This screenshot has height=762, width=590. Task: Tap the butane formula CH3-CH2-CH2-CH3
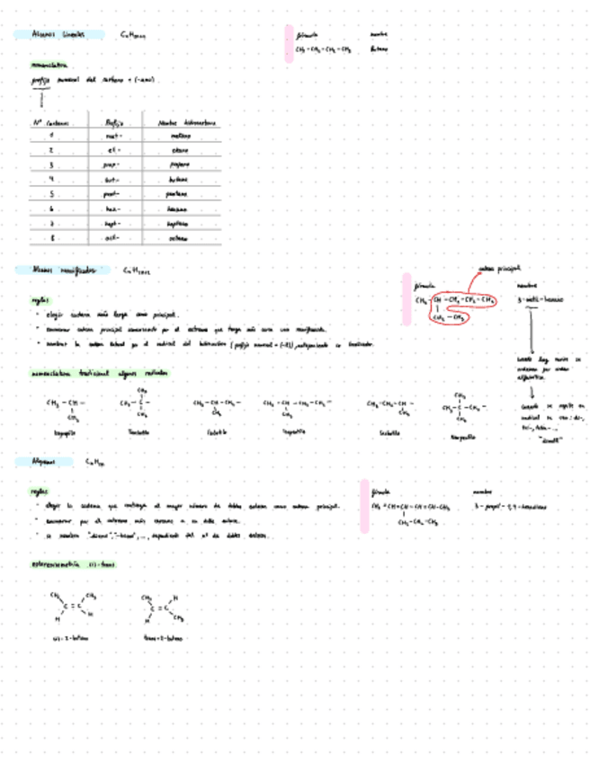[321, 49]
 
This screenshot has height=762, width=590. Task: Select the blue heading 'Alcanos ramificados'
[62, 270]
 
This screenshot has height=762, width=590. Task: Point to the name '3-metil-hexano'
[541, 299]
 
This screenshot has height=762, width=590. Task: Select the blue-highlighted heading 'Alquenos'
[43, 462]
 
